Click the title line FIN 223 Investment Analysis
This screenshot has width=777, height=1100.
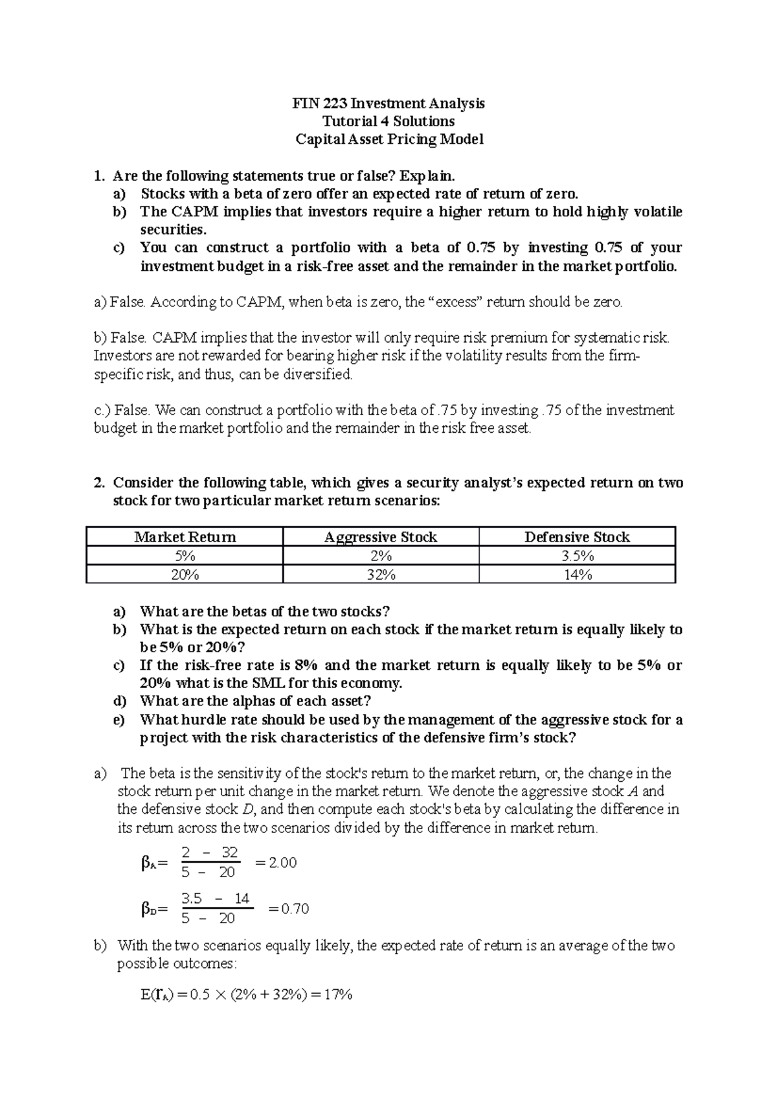click(388, 103)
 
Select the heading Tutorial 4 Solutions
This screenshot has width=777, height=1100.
click(388, 121)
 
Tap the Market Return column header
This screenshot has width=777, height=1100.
click(185, 537)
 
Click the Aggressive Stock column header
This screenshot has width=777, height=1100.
click(381, 537)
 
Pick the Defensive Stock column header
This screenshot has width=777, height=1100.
click(577, 537)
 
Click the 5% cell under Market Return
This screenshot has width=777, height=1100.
click(185, 556)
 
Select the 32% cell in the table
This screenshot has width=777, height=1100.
click(381, 575)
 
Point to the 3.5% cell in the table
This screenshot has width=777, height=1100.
click(577, 556)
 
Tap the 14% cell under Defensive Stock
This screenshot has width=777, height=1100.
click(577, 575)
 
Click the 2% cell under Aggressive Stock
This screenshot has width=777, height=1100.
click(381, 556)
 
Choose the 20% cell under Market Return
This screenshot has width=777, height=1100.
click(185, 575)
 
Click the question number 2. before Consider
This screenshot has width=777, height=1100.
click(99, 483)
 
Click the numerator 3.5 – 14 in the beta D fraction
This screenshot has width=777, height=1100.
click(216, 899)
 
